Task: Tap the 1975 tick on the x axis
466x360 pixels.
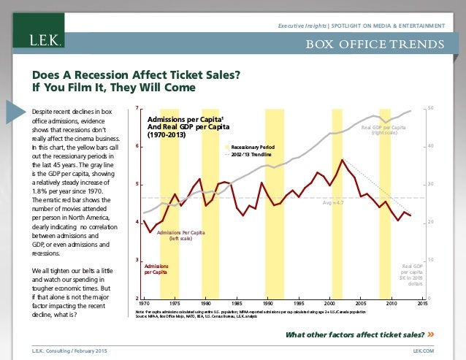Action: tap(175, 303)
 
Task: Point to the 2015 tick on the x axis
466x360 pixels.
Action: tap(421, 303)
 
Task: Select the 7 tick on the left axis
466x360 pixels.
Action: tap(137, 110)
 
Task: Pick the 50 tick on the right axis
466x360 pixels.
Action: tap(431, 110)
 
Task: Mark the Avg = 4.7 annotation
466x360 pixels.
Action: tap(335, 204)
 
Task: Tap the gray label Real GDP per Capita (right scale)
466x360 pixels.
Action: tap(383, 130)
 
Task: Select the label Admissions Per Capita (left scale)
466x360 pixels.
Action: tap(180, 235)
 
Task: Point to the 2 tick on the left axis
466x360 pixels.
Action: tap(137, 299)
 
